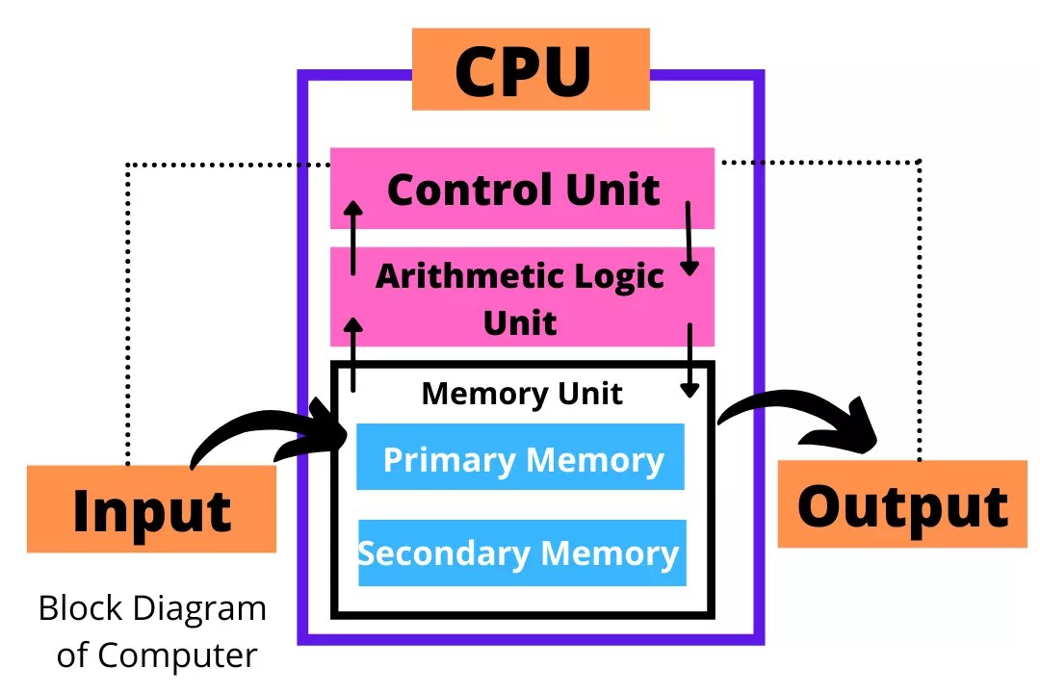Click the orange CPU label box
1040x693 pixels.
pos(531,69)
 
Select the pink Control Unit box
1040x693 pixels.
pos(522,189)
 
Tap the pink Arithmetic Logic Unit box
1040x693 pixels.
pos(522,296)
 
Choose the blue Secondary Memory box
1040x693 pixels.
pos(522,553)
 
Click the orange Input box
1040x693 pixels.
pos(151,509)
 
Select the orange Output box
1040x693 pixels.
pos(902,504)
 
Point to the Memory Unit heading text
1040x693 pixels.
pos(522,394)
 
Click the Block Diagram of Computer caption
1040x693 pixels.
pos(152,631)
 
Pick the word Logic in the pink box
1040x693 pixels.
pos(616,276)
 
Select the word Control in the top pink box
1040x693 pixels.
pos(455,190)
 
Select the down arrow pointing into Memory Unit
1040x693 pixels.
pos(689,360)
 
